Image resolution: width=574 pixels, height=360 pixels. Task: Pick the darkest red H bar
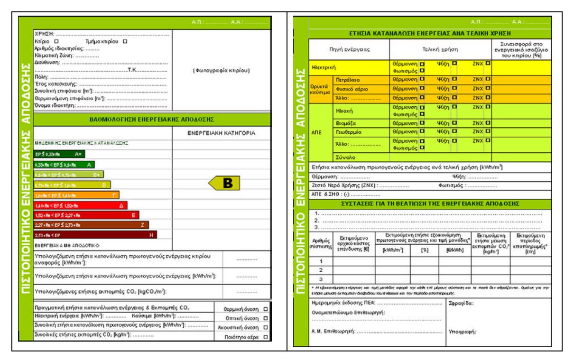pos(95,234)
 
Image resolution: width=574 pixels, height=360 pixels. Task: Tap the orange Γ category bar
pos(76,195)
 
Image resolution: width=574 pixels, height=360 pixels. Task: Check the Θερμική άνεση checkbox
pos(265,308)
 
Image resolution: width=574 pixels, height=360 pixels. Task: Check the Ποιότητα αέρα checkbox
pos(265,337)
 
